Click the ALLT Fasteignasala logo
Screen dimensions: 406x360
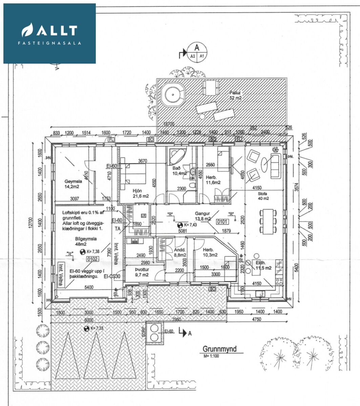click(49, 33)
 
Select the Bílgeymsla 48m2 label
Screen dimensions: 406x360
click(86, 241)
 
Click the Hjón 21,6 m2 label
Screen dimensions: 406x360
click(141, 193)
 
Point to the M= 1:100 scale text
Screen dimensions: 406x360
click(211, 356)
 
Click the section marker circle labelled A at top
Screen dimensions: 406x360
click(197, 52)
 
